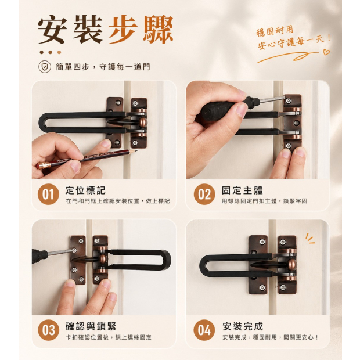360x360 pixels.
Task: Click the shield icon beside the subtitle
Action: (45, 67)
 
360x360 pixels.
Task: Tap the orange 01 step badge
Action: (48, 194)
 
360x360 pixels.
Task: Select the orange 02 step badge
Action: (204, 194)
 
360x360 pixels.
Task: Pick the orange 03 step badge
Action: (48, 330)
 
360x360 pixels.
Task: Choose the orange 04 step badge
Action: (204, 330)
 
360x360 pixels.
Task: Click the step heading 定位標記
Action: (85, 190)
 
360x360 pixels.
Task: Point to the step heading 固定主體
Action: (242, 190)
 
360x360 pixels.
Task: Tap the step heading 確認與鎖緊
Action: (91, 326)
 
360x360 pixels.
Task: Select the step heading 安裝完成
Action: (243, 326)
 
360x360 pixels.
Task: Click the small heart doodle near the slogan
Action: (326, 52)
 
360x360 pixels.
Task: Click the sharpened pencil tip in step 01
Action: (136, 150)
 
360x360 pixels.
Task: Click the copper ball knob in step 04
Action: (291, 265)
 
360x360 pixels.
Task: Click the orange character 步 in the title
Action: (124, 29)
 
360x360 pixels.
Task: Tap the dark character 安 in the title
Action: (53, 29)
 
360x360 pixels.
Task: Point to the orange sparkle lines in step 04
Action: (309, 239)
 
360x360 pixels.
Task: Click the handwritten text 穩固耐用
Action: (275, 31)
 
